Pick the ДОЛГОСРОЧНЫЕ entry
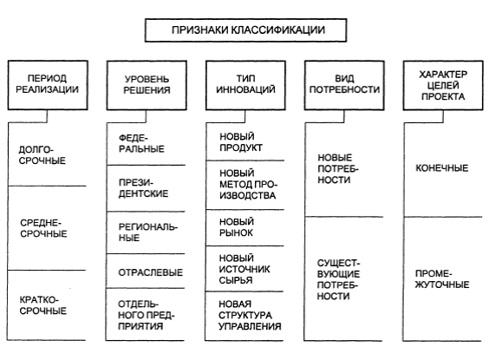42,155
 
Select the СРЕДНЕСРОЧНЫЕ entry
43,228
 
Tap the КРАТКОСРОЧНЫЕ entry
43,305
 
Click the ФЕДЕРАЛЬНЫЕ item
141,143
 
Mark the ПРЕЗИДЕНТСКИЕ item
143,188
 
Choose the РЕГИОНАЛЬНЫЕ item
148,232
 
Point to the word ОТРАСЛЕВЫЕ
151,272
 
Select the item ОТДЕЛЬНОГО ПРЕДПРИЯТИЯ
147,315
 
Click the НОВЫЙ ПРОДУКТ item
241,142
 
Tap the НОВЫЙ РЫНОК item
237,227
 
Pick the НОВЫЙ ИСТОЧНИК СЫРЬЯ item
244,270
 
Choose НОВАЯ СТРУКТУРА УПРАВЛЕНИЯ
250,315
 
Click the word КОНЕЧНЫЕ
441,168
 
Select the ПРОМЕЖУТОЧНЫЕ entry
442,279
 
